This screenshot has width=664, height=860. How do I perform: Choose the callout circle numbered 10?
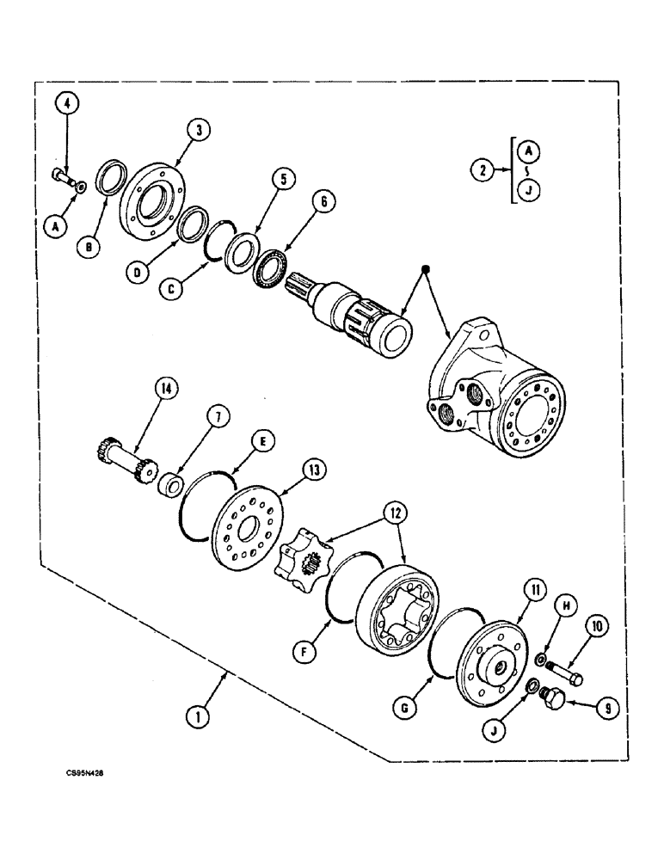click(x=595, y=627)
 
